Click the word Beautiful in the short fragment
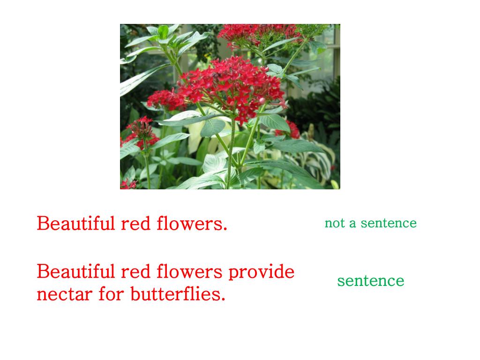click(x=76, y=224)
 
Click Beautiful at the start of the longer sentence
click(x=76, y=272)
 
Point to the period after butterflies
click(x=224, y=300)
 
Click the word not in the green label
click(x=334, y=223)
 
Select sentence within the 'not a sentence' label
click(x=389, y=223)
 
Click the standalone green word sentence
click(x=370, y=281)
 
